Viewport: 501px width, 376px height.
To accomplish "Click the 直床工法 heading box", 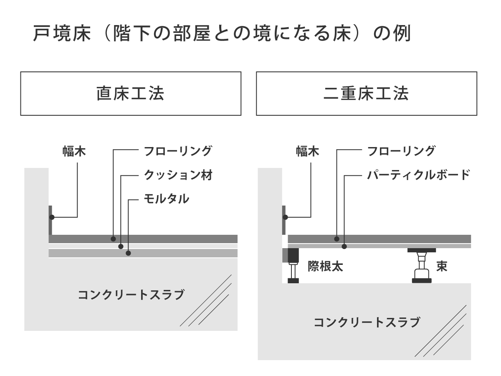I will [131, 94].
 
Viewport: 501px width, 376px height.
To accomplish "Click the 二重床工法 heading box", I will [367, 94].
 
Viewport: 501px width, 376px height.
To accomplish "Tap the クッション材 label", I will [178, 175].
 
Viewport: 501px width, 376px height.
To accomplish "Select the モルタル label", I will [167, 198].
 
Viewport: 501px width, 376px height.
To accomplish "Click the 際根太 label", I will [325, 267].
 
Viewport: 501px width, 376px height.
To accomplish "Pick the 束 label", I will [442, 267].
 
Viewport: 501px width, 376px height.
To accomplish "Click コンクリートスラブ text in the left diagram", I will [131, 295].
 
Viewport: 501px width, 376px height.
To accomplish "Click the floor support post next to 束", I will [422, 266].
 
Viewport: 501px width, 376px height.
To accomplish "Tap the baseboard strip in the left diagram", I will [50, 220].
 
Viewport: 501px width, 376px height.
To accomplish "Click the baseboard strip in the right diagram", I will [284, 220].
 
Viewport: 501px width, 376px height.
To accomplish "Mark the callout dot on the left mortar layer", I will [129, 253].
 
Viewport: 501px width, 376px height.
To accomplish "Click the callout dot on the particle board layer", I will [344, 246].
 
